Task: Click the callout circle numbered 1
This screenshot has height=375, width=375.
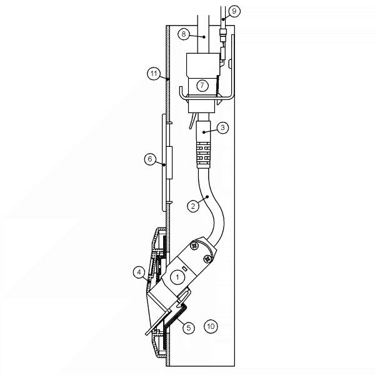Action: coord(177,276)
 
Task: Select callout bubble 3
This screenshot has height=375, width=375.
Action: coord(223,127)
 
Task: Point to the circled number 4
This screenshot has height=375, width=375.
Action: coord(139,272)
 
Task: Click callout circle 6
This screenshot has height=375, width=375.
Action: coord(149,159)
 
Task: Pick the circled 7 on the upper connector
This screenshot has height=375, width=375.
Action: coord(202,86)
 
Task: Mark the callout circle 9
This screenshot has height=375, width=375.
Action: coord(233,11)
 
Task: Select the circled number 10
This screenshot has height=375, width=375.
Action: coord(211,326)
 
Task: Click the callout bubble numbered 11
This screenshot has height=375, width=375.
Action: coord(153,74)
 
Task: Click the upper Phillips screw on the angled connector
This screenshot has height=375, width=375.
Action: coord(195,247)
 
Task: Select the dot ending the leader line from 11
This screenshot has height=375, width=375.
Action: coord(169,80)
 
